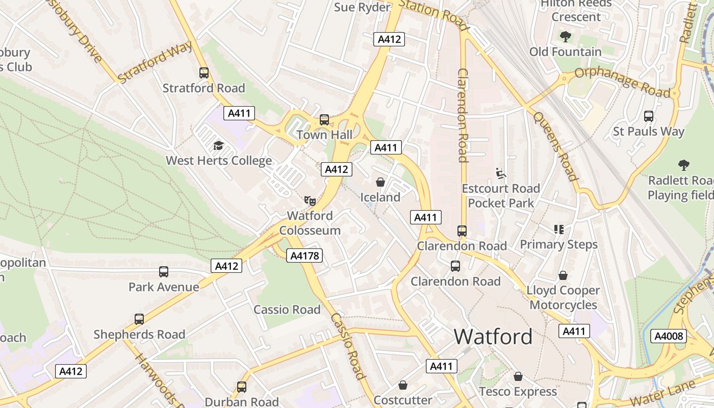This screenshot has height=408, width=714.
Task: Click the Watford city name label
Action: coord(493,337)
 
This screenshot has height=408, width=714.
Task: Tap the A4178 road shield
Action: coord(304,256)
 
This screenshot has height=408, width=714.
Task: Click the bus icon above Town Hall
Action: coord(324,120)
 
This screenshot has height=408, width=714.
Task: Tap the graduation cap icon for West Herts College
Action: coord(219,145)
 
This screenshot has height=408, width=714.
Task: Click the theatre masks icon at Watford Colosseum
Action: coord(310,200)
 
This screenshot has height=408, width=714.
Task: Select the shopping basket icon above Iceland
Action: coord(380,182)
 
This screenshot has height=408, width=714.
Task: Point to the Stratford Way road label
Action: coord(155,62)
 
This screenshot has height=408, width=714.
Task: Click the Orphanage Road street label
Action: coord(622,82)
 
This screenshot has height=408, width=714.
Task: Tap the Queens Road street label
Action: coord(555,146)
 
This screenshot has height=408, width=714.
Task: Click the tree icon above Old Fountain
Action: coord(565,37)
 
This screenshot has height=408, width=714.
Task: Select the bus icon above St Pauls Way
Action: coord(648,116)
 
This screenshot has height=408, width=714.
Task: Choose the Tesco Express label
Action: coord(518,392)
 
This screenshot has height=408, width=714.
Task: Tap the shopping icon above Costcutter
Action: coord(403,385)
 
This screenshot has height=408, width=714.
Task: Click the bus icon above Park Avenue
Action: coord(163,272)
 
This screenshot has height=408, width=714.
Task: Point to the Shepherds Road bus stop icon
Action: coord(139,319)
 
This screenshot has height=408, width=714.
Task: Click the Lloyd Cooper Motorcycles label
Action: coord(563,297)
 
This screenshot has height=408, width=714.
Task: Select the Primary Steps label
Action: coord(558,244)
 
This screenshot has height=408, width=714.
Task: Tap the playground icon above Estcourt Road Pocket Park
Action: coord(500,174)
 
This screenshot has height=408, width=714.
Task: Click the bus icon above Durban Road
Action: coord(241,387)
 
